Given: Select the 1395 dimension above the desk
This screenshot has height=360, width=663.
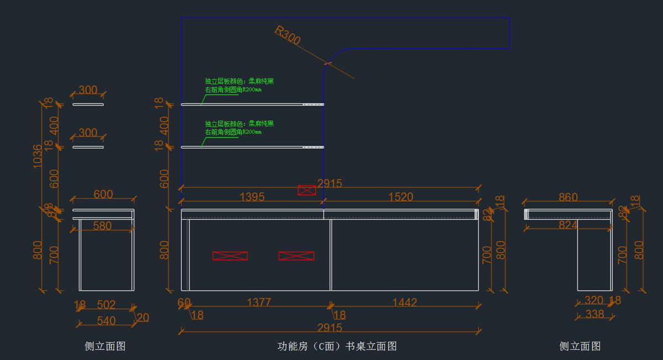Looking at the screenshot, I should pyautogui.click(x=252, y=197).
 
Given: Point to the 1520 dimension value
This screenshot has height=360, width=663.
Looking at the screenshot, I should pyautogui.click(x=401, y=197).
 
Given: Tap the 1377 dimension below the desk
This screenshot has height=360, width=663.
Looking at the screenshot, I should pyautogui.click(x=259, y=303).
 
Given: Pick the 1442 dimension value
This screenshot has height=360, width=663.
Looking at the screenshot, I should pyautogui.click(x=404, y=303).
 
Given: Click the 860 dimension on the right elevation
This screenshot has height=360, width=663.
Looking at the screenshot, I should pyautogui.click(x=568, y=197).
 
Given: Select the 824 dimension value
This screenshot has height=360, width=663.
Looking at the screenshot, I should pyautogui.click(x=568, y=225).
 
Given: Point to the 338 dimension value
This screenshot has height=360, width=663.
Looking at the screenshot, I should pyautogui.click(x=594, y=314).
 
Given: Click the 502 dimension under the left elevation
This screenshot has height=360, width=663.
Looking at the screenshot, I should pyautogui.click(x=106, y=304).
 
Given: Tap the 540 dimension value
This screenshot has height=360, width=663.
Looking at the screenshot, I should pyautogui.click(x=106, y=320).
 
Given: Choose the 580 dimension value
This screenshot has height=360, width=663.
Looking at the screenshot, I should pyautogui.click(x=102, y=225).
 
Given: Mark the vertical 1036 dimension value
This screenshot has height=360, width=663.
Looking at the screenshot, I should pyautogui.click(x=37, y=156).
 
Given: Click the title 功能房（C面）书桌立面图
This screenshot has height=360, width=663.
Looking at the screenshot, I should pyautogui.click(x=337, y=346).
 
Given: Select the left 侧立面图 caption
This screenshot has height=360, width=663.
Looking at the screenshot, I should pyautogui.click(x=105, y=346).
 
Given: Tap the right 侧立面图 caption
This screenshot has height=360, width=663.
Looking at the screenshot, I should pyautogui.click(x=580, y=346).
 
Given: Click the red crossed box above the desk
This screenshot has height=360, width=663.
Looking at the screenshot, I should pyautogui.click(x=307, y=190).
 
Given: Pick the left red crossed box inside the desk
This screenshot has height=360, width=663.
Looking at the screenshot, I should pyautogui.click(x=230, y=256).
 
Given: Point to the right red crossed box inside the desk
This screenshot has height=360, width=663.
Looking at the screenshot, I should pyautogui.click(x=296, y=256).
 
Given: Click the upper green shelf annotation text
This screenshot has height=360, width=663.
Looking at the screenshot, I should pyautogui.click(x=239, y=85).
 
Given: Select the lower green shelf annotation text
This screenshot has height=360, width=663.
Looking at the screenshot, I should pyautogui.click(x=239, y=128).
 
